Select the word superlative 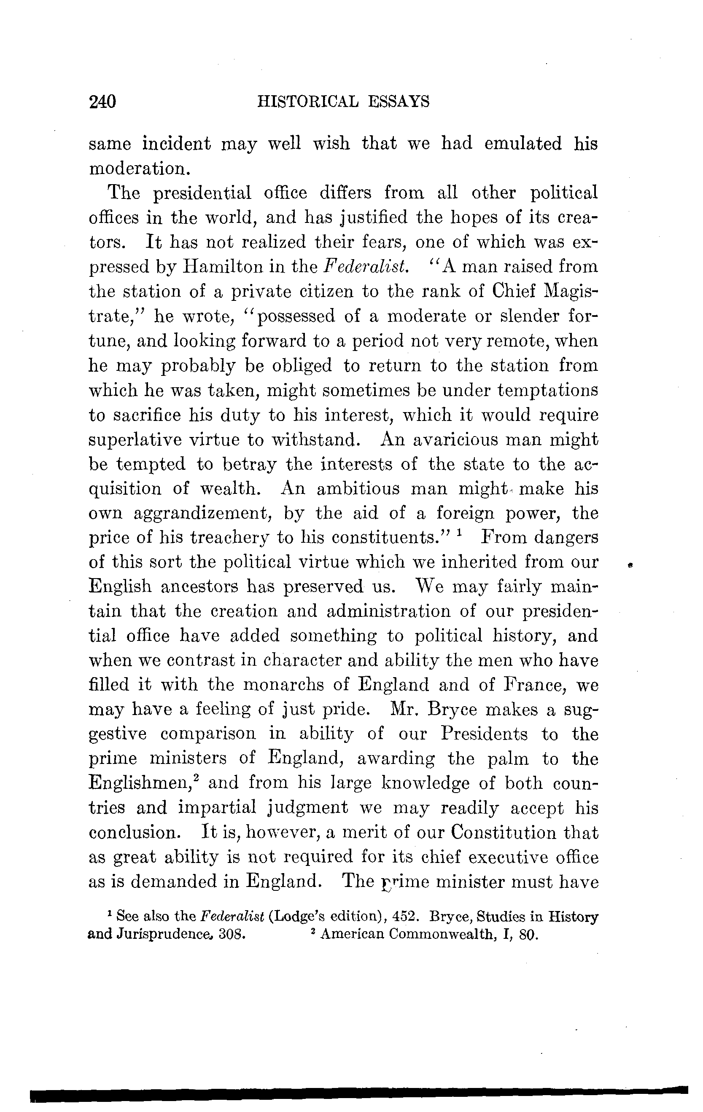pos(135,439)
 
